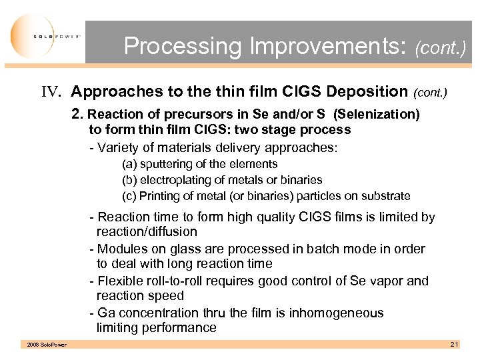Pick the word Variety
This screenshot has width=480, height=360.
click(118, 147)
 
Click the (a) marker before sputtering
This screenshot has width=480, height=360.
click(129, 164)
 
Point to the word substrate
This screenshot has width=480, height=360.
click(386, 196)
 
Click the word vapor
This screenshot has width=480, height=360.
click(386, 281)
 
